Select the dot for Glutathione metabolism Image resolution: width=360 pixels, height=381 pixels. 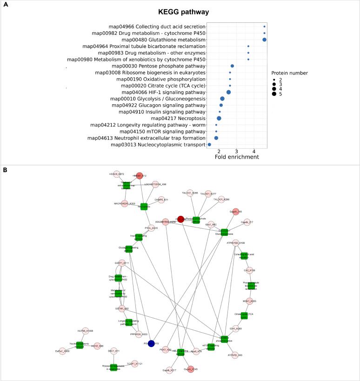[x=264, y=40]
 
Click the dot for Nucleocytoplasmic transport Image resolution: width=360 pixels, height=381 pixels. [x=209, y=145]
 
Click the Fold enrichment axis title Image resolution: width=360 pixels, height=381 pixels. [x=237, y=157]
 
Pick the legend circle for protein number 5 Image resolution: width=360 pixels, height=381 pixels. [x=274, y=94]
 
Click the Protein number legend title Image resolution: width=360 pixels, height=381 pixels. [x=290, y=73]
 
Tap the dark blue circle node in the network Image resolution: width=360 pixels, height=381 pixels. [x=151, y=343]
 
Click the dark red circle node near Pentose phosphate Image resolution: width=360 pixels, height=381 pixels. [x=181, y=219]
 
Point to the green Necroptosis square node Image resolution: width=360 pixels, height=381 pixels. [x=144, y=206]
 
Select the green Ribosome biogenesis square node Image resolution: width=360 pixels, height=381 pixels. [x=113, y=368]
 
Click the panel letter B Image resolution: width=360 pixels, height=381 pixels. [x=5, y=170]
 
